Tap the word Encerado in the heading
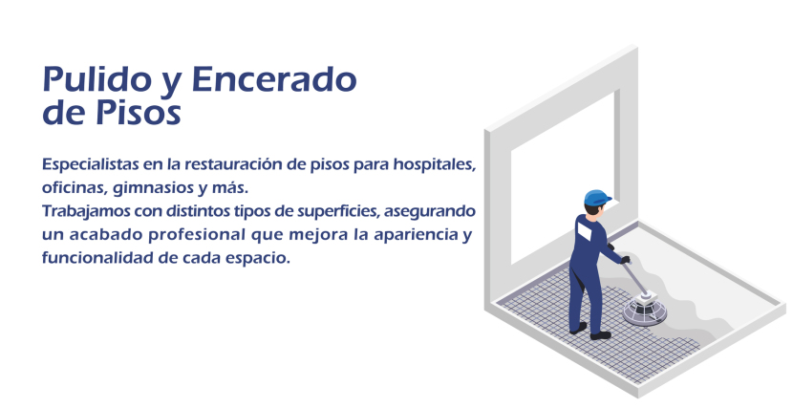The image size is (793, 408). (x=274, y=79)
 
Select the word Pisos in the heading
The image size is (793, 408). (x=139, y=112)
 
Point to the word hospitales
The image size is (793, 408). (x=435, y=164)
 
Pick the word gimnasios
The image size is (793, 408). (x=153, y=188)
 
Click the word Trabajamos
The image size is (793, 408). (x=86, y=211)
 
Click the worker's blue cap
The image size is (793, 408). (x=597, y=198)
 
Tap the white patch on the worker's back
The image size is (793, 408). (x=584, y=231)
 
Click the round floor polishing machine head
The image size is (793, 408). (x=644, y=310)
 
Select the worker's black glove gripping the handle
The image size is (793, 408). (x=626, y=260)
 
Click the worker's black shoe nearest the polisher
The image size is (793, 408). (x=601, y=334)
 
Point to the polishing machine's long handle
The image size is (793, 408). (x=634, y=278)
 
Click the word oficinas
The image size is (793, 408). (x=75, y=188)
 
